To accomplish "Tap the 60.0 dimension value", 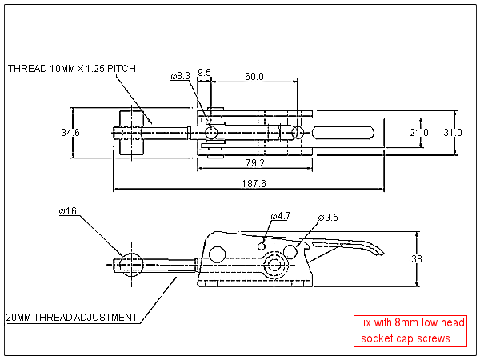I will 254,76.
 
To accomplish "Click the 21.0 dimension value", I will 419,132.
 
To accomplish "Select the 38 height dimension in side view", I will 427,259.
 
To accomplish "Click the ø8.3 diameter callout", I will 180,76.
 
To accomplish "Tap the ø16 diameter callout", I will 67,211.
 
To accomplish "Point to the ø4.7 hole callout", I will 280,216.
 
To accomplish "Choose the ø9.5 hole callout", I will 328,218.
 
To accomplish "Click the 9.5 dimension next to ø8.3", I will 204,73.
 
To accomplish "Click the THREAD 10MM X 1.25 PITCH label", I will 72,69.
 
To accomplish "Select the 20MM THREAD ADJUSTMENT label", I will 72,318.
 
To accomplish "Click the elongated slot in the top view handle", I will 343,132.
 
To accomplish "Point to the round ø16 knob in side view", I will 131,263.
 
